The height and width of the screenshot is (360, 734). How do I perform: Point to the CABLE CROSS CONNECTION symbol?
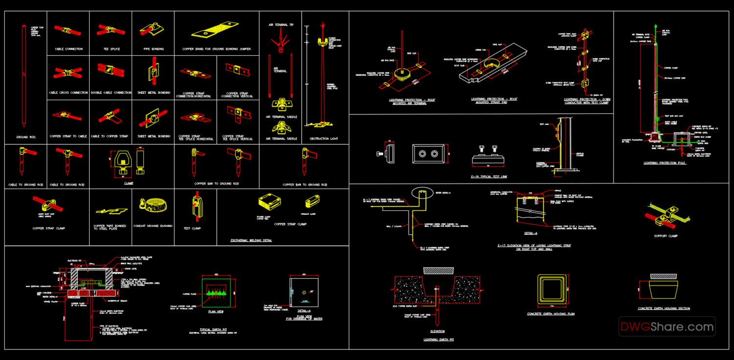coord(68,73)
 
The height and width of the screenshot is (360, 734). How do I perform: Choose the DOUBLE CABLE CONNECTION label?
coord(111,92)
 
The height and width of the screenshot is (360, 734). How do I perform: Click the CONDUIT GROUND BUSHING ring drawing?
coord(153,205)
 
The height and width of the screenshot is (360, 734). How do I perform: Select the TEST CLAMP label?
coord(192,228)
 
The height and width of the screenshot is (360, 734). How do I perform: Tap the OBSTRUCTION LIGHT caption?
coord(323,138)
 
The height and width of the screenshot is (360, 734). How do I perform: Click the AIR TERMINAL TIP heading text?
coord(281,24)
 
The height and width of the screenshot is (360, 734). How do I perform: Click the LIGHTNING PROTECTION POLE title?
coord(664,163)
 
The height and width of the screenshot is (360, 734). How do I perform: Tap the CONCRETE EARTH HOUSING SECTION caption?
coord(664,308)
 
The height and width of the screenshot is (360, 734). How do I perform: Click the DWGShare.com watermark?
coord(666,326)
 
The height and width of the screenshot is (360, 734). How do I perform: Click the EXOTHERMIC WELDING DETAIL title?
coord(251,240)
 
